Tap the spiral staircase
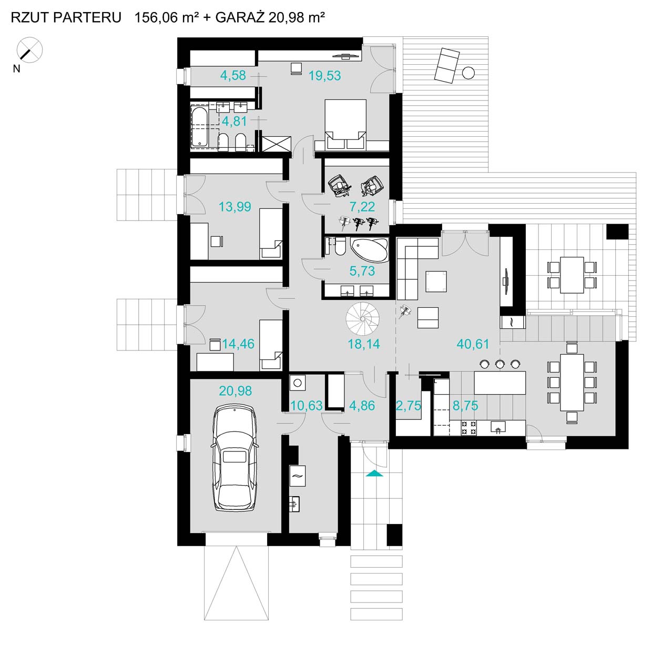[x=363, y=318]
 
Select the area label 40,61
[x=473, y=344]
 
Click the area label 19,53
[x=324, y=75]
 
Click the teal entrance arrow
[x=374, y=473]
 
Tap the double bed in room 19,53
[x=345, y=124]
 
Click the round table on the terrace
[x=468, y=73]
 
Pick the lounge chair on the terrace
[x=447, y=65]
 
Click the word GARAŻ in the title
[x=239, y=17]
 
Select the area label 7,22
[x=362, y=206]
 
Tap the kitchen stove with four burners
[x=469, y=427]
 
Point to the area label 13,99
[x=235, y=206]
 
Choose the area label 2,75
[x=409, y=405]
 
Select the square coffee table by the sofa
[x=436, y=282]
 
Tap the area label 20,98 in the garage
[x=236, y=391]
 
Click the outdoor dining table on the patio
[x=572, y=275]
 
